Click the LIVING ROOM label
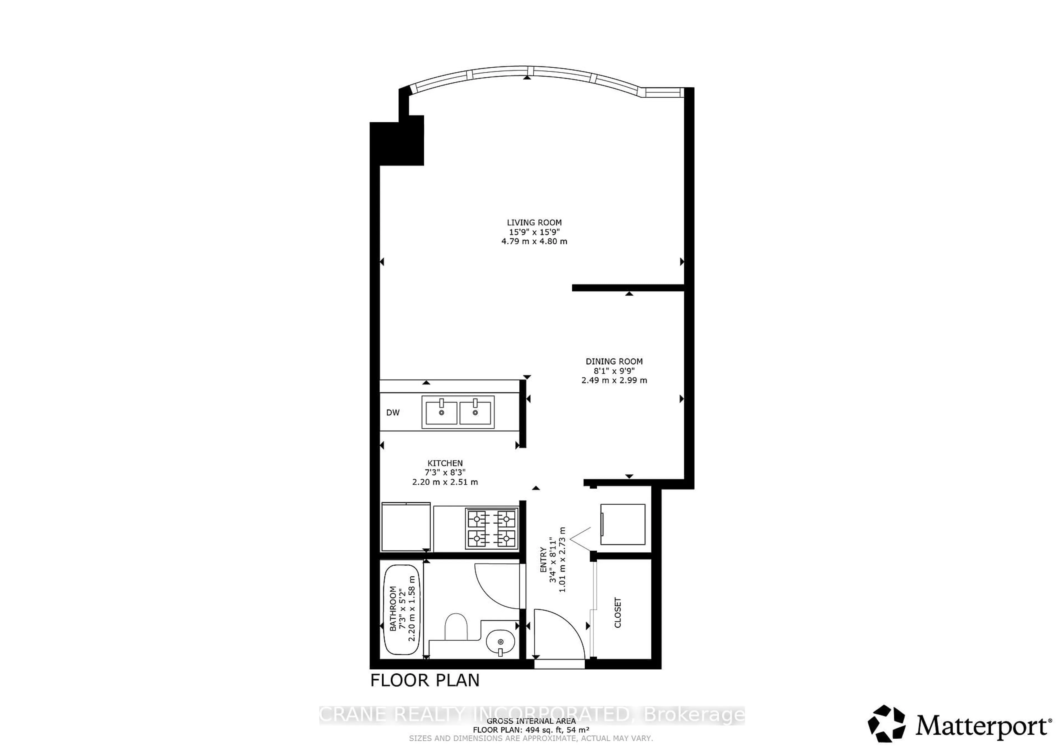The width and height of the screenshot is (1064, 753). pyautogui.click(x=534, y=223)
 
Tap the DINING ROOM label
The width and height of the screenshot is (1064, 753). pyautogui.click(x=614, y=361)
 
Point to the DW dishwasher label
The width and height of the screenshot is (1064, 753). pyautogui.click(x=393, y=413)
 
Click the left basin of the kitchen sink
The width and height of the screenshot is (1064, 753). pyautogui.click(x=441, y=412)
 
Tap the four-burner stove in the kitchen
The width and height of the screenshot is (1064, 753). pyautogui.click(x=492, y=529)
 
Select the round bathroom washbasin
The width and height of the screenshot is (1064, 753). pyautogui.click(x=500, y=642)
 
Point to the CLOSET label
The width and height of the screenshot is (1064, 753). pyautogui.click(x=617, y=612)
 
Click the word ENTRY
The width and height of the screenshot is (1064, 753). pyautogui.click(x=543, y=560)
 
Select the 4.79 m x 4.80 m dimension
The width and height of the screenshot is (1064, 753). pyautogui.click(x=534, y=241)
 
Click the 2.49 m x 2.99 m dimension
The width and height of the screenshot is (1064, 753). pyautogui.click(x=614, y=380)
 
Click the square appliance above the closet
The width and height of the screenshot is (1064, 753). pyautogui.click(x=622, y=525)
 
